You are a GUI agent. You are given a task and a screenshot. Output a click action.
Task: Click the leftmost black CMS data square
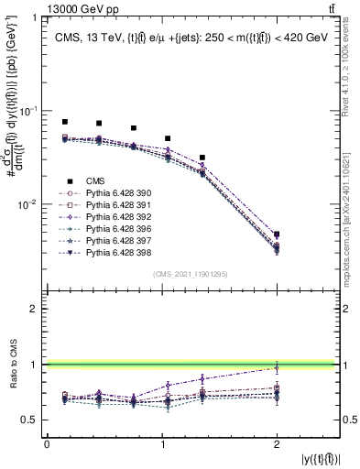click(64, 122)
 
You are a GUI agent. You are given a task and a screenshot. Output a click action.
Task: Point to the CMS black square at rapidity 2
click(277, 234)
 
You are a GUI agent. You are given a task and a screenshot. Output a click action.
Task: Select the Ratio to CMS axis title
click(16, 365)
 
